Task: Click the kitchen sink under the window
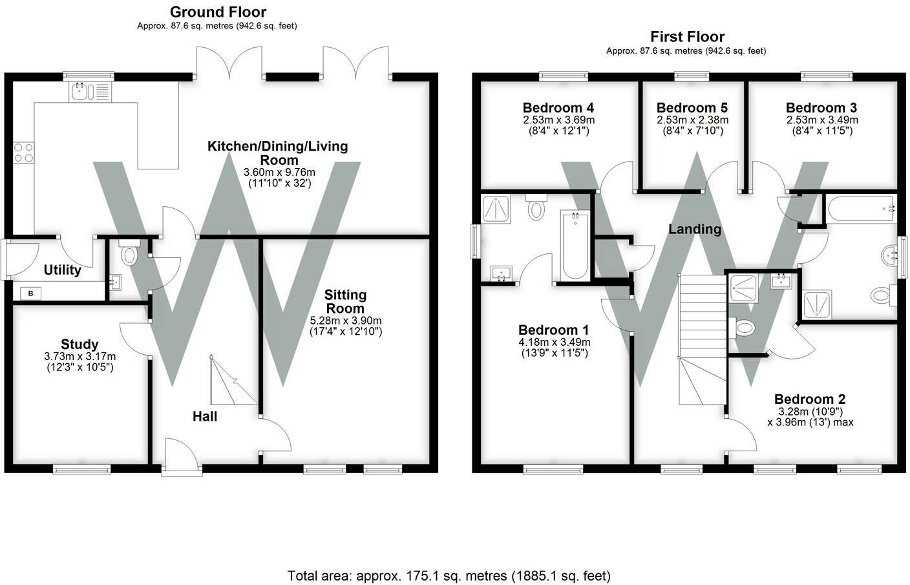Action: [90, 92]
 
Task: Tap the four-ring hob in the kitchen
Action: [23, 153]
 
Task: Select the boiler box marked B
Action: [31, 293]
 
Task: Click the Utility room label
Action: [62, 270]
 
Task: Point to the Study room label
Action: [79, 344]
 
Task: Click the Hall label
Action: [205, 416]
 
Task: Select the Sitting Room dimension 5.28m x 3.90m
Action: [346, 321]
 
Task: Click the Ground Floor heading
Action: [218, 12]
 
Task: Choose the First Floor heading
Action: [688, 37]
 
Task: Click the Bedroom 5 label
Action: [692, 108]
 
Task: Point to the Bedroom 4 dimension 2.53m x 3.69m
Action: [559, 120]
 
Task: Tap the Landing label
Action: [695, 229]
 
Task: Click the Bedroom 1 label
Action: [554, 330]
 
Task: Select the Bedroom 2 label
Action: [810, 399]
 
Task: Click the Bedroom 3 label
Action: [821, 108]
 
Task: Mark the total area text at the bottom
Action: [449, 576]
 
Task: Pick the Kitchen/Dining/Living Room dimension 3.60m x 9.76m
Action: [279, 172]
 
